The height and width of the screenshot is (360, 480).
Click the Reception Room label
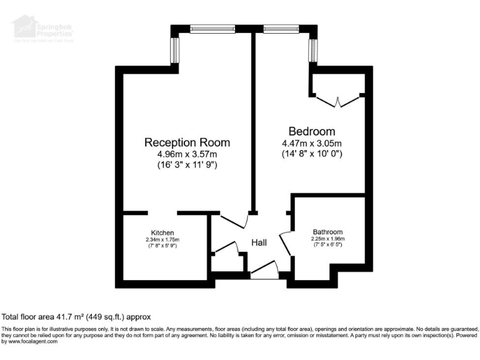[187, 142]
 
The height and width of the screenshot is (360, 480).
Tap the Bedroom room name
[311, 131]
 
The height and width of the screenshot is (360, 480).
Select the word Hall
[259, 242]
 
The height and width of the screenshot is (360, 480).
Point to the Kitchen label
[162, 232]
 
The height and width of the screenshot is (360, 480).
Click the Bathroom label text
[327, 232]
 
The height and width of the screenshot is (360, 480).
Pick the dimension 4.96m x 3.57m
[187, 154]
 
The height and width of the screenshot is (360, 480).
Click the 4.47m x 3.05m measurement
[311, 143]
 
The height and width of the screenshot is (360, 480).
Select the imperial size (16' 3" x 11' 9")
[187, 166]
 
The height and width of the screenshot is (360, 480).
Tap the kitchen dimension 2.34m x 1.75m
[162, 239]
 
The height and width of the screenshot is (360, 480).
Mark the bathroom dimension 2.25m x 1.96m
[327, 239]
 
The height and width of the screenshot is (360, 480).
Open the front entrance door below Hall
[264, 270]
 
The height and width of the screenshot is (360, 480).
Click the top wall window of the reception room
[212, 28]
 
